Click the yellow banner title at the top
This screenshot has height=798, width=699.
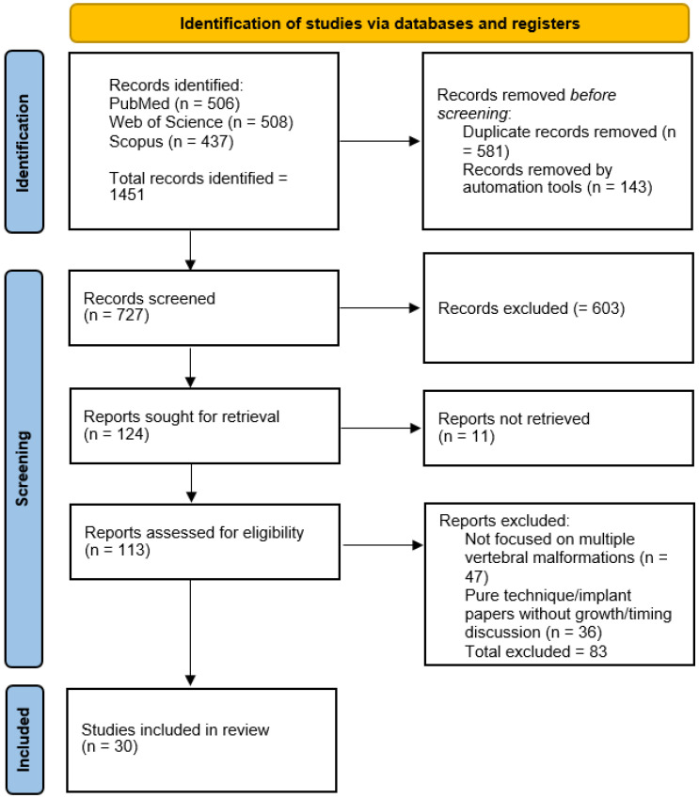point(379,23)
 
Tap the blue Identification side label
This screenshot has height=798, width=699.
point(24,142)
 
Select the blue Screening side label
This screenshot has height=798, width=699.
point(24,468)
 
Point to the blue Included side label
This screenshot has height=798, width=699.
point(24,740)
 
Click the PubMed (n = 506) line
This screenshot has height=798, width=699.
point(174,103)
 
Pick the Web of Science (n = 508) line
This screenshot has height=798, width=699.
point(200,122)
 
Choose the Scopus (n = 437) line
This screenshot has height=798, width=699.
point(171,141)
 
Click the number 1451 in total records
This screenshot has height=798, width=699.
point(127,195)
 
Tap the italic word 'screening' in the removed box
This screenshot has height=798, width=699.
point(472,114)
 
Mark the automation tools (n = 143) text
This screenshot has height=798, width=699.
point(557,187)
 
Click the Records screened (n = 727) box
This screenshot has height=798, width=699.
point(204,308)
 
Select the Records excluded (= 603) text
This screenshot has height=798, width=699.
point(532,308)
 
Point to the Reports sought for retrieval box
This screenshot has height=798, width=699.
point(205,426)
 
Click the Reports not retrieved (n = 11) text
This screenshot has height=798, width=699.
point(514,427)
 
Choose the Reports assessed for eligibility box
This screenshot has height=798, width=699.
point(205,541)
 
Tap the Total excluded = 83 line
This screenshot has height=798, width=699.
point(536,651)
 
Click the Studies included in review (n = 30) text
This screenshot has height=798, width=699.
point(175,738)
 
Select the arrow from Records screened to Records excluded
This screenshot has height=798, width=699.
point(379,308)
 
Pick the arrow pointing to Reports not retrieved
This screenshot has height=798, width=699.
point(381,428)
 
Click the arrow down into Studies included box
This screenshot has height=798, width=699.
point(191,633)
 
